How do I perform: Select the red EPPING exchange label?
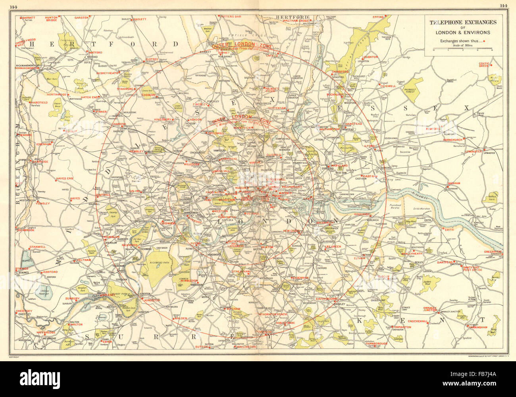pyautogui.click(x=378, y=17)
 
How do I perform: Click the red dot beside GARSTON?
pyautogui.click(x=90, y=17)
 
